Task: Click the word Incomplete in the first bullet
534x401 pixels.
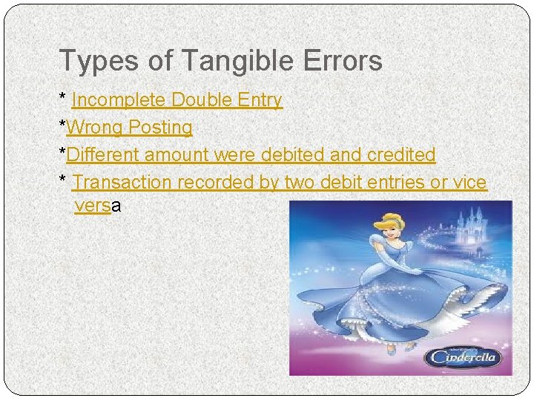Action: [x=120, y=100]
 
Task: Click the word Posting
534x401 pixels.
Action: [x=160, y=128]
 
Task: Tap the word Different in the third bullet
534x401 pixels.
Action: [x=103, y=154]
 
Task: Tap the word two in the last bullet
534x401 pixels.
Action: [x=300, y=182]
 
